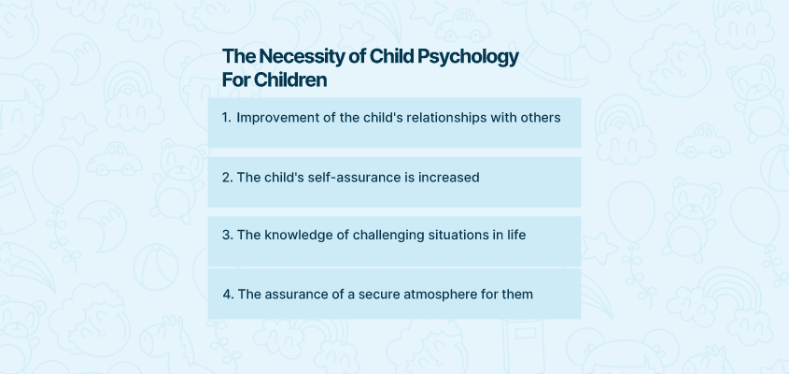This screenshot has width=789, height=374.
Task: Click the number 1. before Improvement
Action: (x=227, y=118)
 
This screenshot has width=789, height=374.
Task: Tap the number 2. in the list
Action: (x=228, y=178)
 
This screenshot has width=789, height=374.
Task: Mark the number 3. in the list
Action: (x=228, y=236)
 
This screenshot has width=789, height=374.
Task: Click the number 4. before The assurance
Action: (x=229, y=295)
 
